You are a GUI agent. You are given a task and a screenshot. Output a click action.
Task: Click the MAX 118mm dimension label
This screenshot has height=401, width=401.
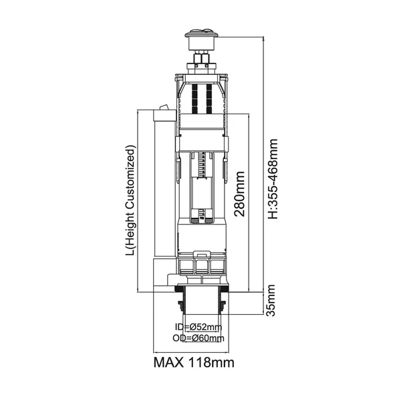194,363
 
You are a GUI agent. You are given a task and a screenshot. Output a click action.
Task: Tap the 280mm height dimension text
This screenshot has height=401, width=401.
240,194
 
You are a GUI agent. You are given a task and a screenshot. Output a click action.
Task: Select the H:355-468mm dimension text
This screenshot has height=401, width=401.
273,179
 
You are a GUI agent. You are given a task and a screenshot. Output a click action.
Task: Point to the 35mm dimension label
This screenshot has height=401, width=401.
271,301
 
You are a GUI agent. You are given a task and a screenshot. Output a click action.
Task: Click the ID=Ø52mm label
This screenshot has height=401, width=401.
198,327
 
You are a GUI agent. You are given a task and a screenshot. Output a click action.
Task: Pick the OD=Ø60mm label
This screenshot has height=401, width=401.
198,338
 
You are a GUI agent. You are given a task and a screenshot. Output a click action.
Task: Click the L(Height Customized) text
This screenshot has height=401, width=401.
130,200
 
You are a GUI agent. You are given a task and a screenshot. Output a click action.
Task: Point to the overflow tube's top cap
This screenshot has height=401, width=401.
164,116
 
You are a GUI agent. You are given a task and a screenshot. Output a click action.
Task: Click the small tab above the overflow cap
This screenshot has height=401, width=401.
164,107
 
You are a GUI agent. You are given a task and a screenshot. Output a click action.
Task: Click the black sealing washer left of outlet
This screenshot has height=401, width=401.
178,289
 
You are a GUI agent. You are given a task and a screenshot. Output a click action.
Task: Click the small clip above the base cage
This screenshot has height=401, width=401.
202,255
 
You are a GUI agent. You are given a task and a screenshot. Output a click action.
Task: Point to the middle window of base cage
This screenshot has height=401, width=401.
202,267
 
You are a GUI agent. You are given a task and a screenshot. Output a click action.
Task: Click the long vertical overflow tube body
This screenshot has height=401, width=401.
165,189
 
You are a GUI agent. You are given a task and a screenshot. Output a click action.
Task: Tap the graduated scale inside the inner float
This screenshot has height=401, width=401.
202,165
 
